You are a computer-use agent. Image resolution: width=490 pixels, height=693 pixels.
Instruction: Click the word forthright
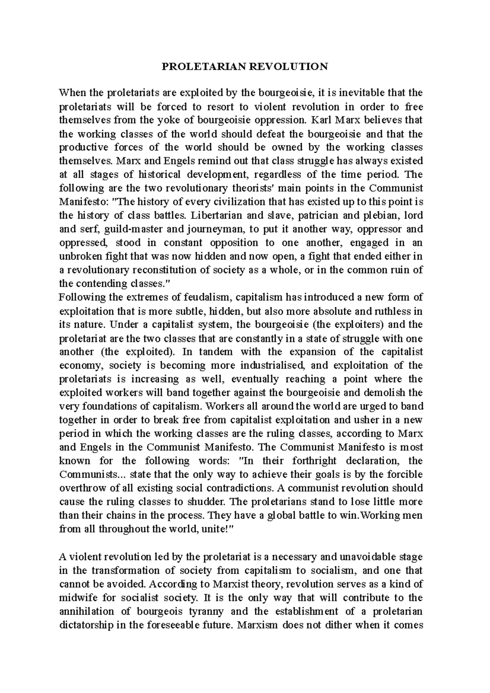[x=314, y=461]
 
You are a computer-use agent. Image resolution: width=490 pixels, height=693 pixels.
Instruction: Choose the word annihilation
[x=87, y=611]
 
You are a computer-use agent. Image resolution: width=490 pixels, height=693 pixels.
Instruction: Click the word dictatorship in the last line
[x=86, y=625]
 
